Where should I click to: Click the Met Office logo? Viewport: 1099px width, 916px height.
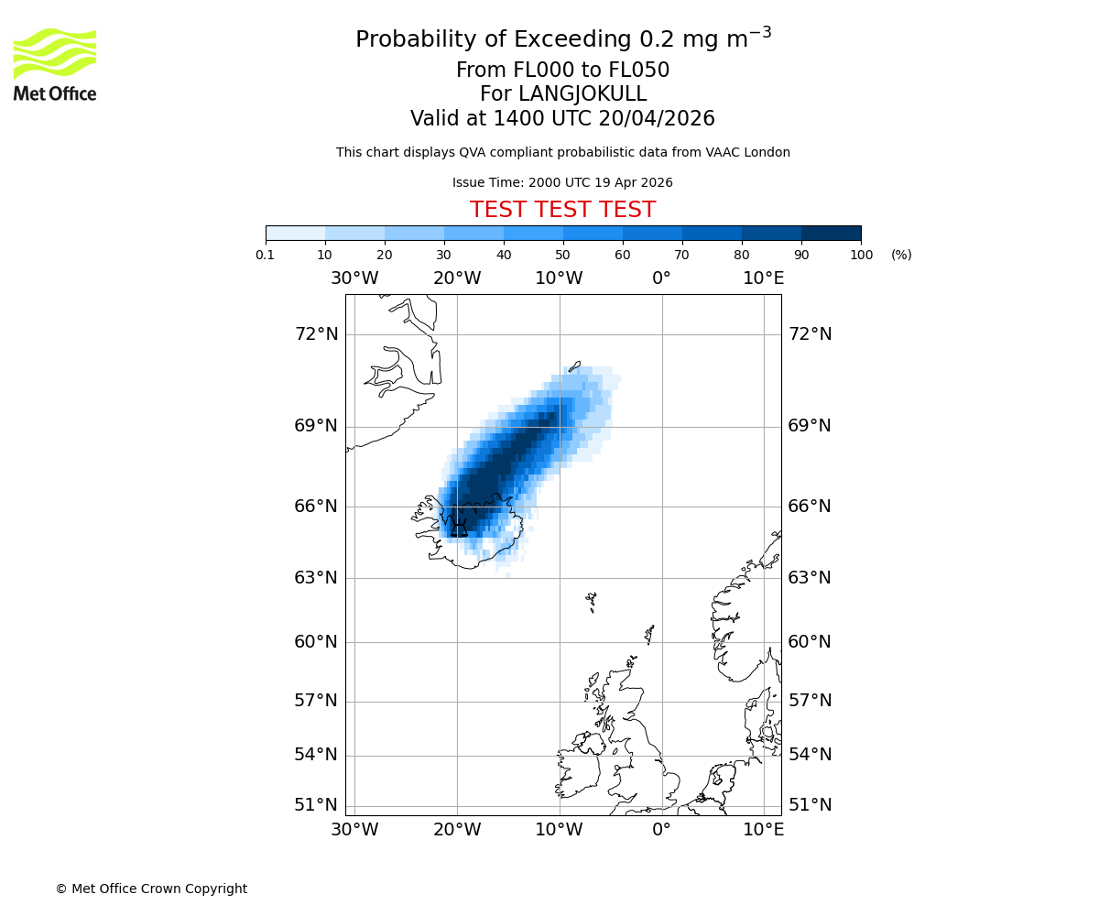coord(55,64)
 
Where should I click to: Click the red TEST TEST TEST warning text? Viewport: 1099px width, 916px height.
coord(562,210)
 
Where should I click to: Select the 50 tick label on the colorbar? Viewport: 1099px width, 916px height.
coord(563,255)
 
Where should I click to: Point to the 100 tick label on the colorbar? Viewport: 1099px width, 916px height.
coord(861,255)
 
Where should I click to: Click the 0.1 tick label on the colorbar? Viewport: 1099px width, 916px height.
coord(266,255)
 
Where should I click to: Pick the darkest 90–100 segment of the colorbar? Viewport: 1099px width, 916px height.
coord(831,233)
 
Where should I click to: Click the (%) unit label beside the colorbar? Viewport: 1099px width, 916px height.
coord(901,255)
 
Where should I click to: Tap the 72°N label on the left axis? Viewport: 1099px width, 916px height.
coord(316,334)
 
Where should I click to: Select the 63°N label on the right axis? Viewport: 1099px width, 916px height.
coord(810,578)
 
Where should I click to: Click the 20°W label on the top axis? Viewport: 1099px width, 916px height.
coord(457,278)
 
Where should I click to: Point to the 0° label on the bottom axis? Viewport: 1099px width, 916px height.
coord(661,830)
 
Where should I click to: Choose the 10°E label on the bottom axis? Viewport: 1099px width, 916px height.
coord(763,830)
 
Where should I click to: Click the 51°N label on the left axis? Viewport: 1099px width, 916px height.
coord(316,805)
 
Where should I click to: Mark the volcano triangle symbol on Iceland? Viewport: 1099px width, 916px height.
coord(459,529)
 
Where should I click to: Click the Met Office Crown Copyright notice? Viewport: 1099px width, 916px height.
coord(151,889)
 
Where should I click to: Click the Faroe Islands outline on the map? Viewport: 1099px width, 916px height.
coord(592,601)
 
